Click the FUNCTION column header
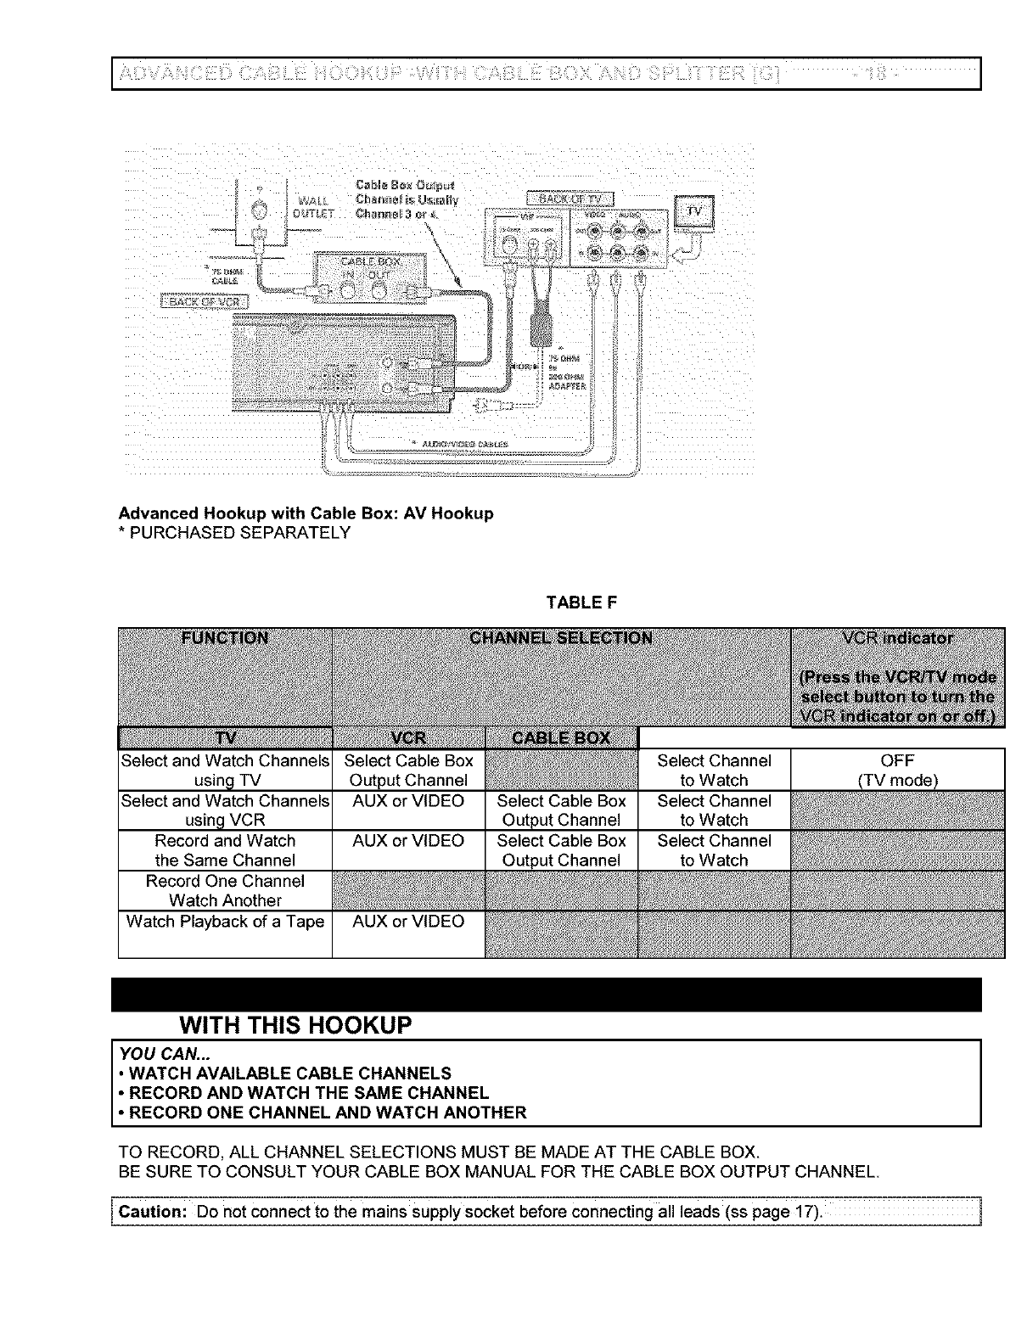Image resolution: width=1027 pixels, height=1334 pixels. (x=225, y=639)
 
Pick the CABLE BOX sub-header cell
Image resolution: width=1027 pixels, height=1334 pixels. (x=560, y=737)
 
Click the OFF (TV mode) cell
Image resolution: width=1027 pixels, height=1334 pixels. (x=897, y=771)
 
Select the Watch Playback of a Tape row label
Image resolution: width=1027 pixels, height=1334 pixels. (x=225, y=922)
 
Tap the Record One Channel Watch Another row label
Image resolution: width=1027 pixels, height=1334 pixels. (x=225, y=891)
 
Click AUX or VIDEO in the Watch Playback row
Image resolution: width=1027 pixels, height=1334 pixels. (x=408, y=922)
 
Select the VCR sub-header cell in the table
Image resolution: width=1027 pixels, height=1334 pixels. (x=408, y=737)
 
